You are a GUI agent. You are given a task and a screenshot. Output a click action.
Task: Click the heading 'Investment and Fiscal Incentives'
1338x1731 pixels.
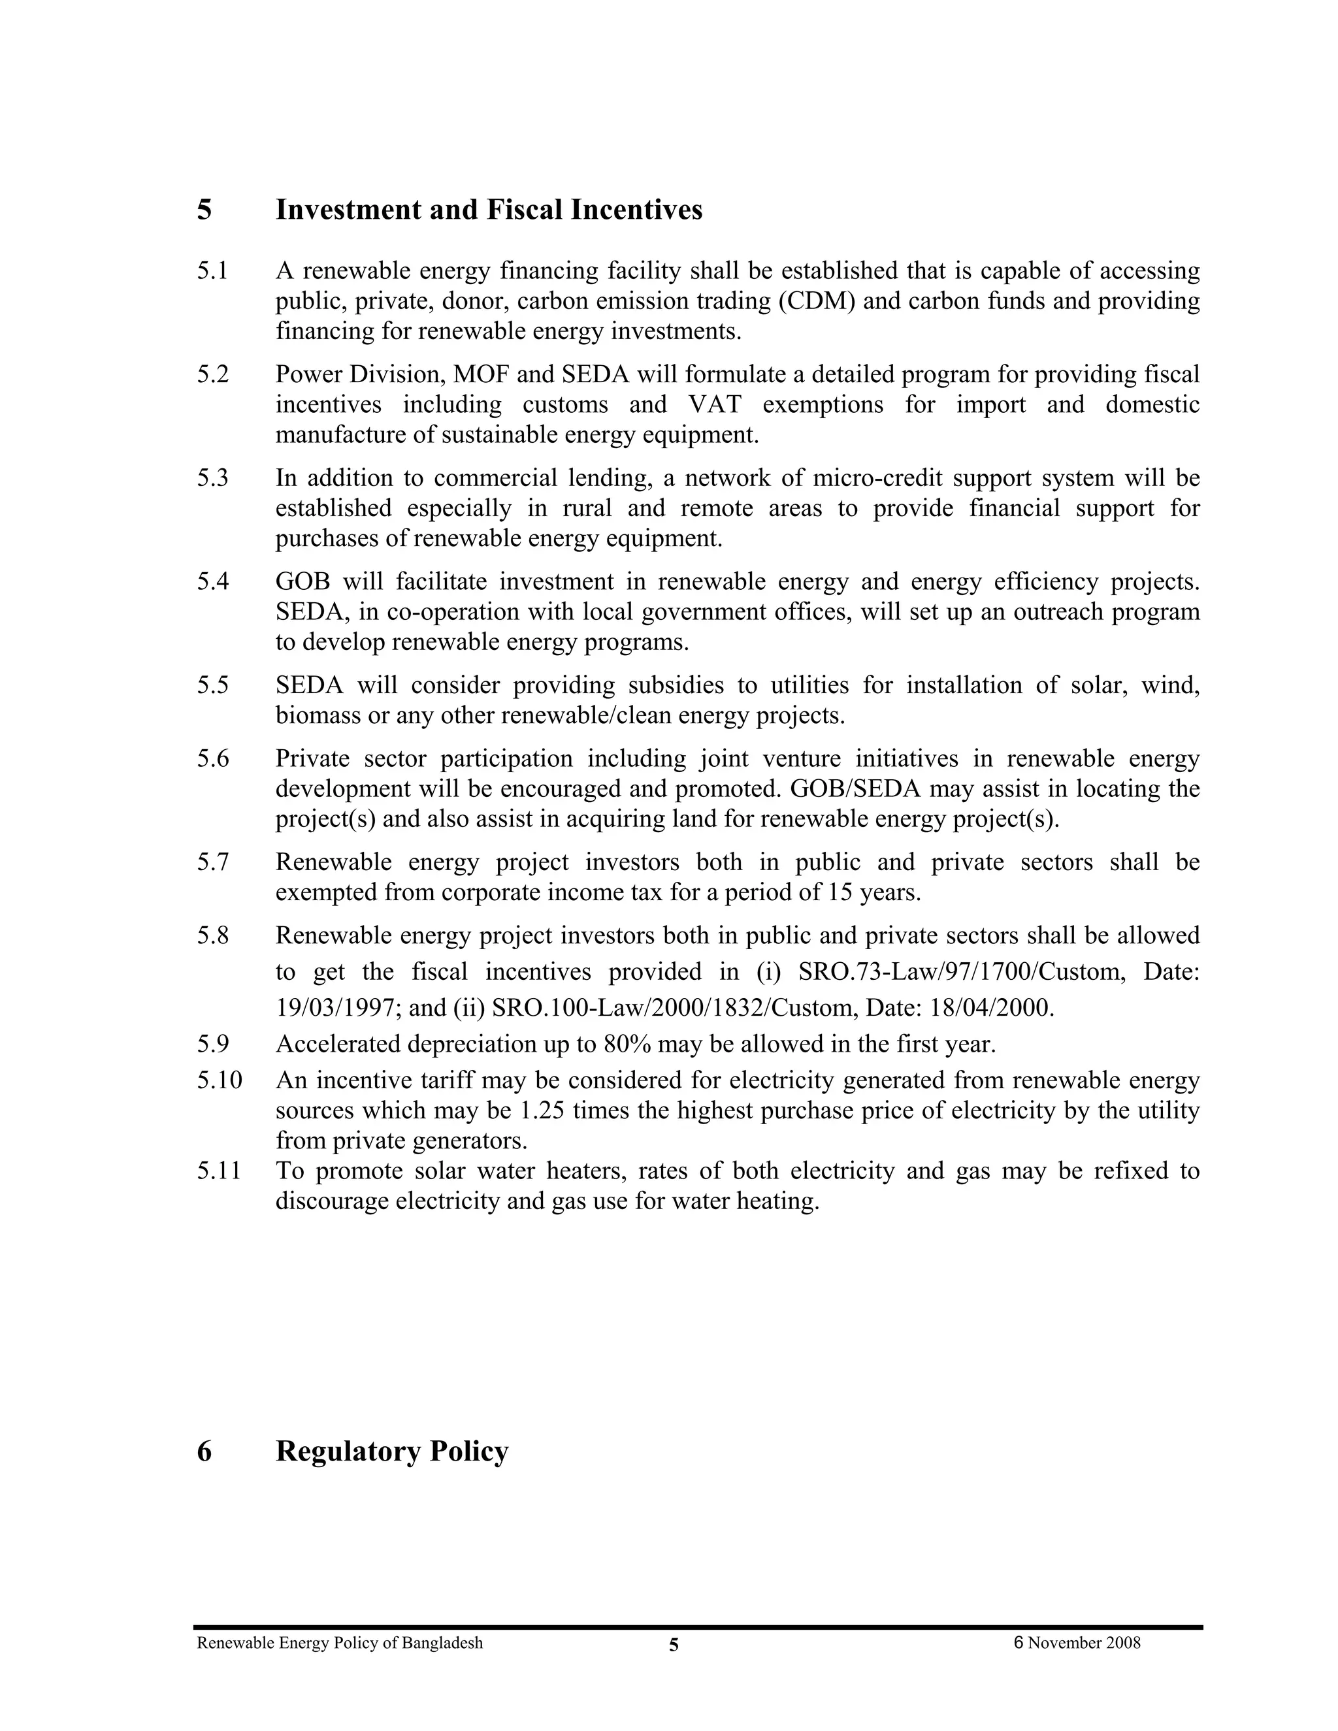488,210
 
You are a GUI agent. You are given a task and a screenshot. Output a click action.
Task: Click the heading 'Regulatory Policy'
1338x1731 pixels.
391,1451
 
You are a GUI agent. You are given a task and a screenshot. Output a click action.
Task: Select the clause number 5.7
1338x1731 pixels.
212,862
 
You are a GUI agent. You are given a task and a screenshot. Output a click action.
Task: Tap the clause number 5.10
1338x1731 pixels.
220,1080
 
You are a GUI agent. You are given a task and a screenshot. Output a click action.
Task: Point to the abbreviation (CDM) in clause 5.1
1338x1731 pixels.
817,301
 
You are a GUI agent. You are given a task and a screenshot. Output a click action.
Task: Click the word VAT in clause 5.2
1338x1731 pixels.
714,405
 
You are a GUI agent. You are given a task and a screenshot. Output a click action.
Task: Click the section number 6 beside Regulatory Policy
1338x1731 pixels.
204,1452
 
